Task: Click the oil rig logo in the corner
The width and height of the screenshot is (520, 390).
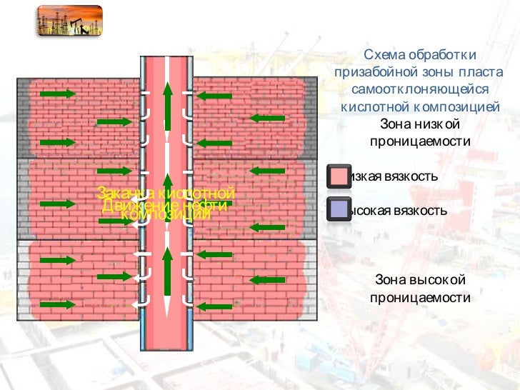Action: [x=69, y=21]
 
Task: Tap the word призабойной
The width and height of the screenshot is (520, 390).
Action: [x=376, y=73]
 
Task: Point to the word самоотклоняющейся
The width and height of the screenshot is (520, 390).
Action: [x=419, y=90]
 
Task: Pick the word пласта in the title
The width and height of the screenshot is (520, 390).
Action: [x=486, y=73]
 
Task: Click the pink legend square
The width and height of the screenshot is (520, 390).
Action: [x=337, y=176]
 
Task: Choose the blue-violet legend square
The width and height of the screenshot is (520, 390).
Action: [x=337, y=211]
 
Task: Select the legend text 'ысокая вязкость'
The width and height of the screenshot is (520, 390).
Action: [x=396, y=211]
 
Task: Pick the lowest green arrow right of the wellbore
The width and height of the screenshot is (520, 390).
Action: [x=214, y=306]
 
